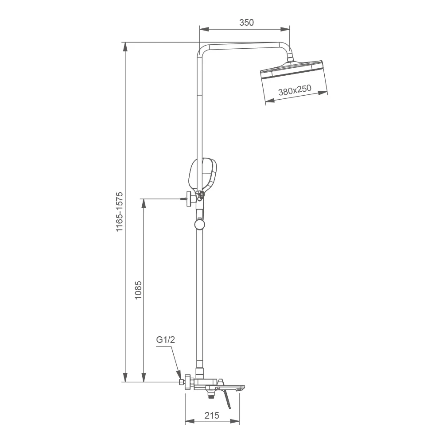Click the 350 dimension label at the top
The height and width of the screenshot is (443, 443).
point(247,23)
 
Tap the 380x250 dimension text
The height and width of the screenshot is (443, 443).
point(295,91)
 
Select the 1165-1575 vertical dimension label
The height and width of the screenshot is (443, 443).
point(119,212)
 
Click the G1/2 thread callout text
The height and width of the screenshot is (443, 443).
point(166,340)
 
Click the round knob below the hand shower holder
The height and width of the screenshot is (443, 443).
point(200,225)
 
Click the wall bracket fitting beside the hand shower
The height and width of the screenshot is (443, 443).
point(189,199)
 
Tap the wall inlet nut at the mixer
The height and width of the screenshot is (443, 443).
point(189,382)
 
